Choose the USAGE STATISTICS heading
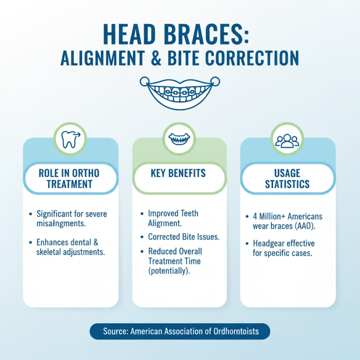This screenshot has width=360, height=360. (x=288, y=179)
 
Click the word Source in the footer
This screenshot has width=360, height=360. (x=115, y=331)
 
